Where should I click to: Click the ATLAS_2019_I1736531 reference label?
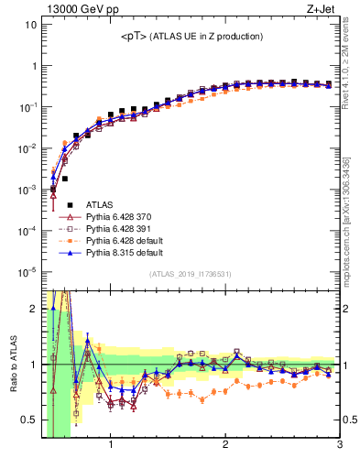coord(191,275)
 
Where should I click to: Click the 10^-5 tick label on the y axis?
coord(28,271)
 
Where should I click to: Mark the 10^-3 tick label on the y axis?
coord(28,189)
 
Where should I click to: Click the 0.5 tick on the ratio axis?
coord(28,420)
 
